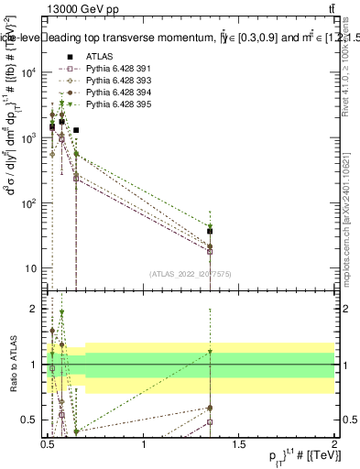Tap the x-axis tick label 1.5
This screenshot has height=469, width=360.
[240, 444]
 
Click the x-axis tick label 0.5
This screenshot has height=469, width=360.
[49, 444]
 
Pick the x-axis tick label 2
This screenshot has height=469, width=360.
[333, 444]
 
